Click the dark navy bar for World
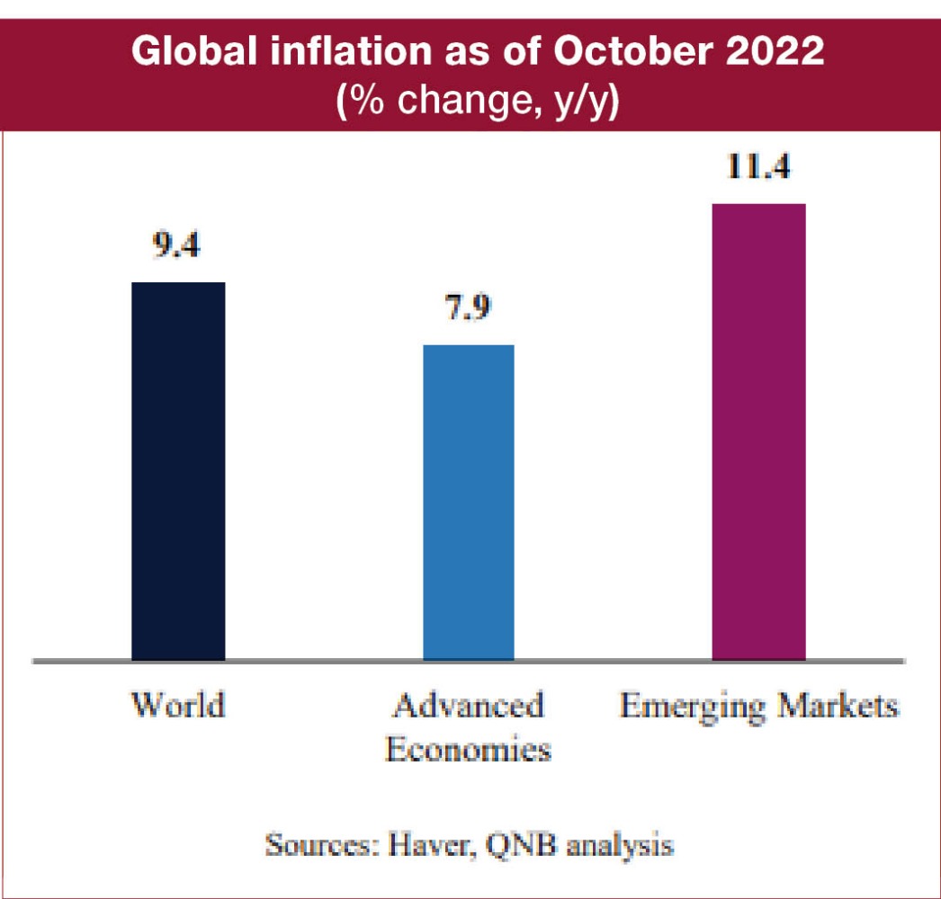click(178, 471)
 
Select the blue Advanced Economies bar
click(469, 503)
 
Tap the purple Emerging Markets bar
click(758, 432)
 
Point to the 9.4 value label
click(175, 245)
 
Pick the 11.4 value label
click(757, 166)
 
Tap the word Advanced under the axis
click(469, 705)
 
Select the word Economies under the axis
click(468, 749)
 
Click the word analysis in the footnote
click(612, 846)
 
